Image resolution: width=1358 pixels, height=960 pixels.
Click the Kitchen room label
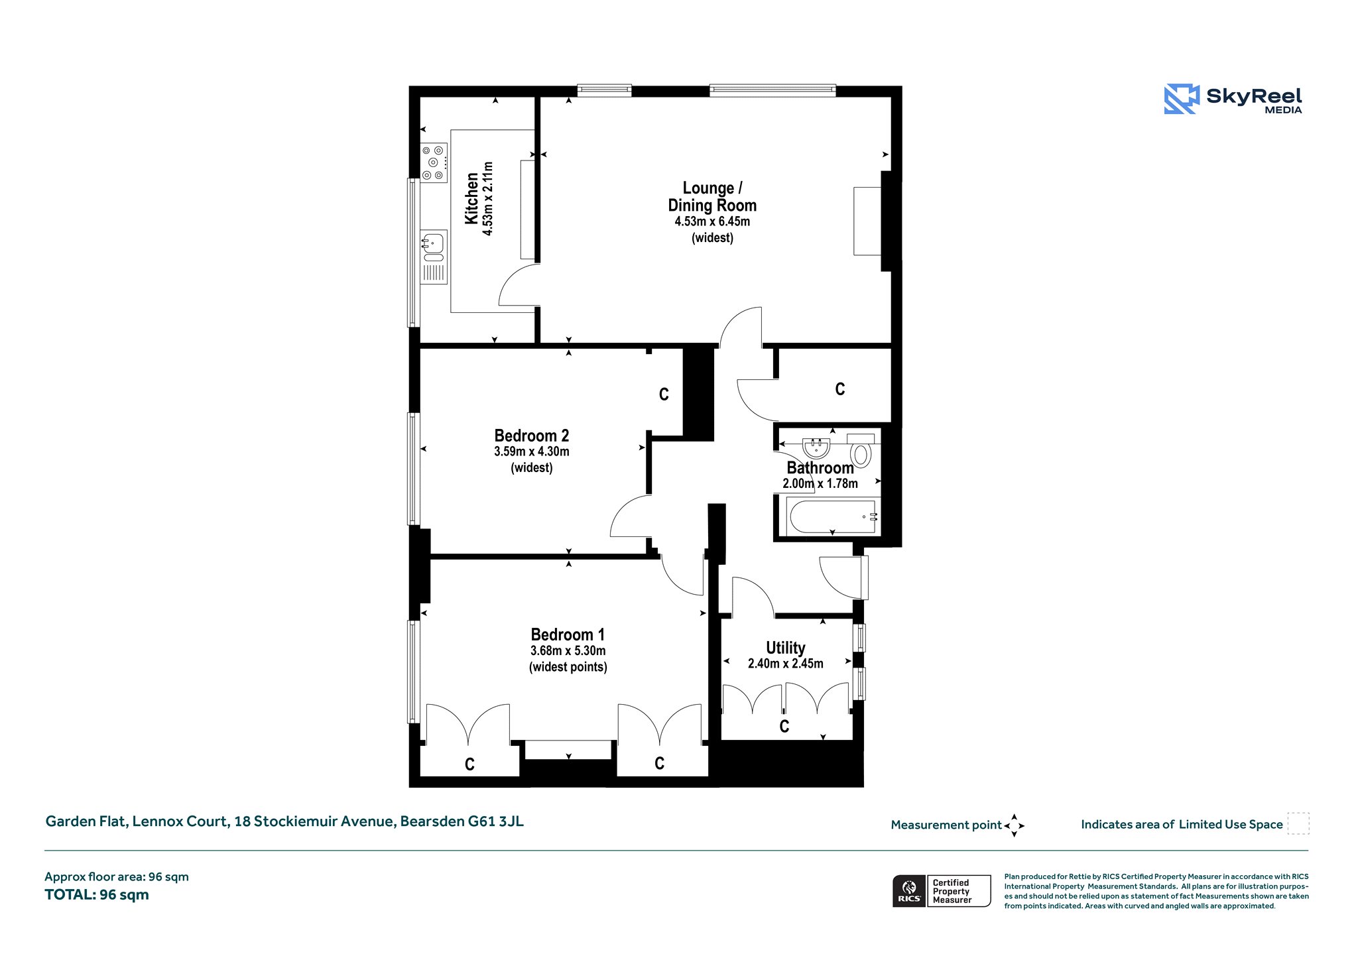click(471, 199)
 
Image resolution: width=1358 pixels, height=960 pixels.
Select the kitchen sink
click(434, 257)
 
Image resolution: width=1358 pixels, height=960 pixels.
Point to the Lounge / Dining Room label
click(712, 197)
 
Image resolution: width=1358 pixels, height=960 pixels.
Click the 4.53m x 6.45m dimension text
click(712, 221)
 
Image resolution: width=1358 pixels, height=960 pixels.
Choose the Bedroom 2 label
click(532, 436)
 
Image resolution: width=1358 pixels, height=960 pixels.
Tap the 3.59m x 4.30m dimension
click(532, 451)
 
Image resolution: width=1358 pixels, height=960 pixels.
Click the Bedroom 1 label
click(568, 634)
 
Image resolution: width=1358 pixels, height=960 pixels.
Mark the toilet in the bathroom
click(861, 450)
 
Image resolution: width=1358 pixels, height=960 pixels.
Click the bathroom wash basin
click(816, 448)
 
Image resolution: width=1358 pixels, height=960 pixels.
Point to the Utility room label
click(786, 648)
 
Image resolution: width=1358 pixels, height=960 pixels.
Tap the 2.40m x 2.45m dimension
click(786, 664)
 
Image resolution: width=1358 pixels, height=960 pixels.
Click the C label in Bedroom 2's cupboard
click(664, 394)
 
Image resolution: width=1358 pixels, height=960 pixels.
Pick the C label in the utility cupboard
click(784, 727)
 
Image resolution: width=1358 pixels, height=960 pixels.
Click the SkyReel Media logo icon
click(1182, 99)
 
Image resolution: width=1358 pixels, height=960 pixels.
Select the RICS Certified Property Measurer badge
click(942, 891)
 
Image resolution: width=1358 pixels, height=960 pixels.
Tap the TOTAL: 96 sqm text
click(97, 895)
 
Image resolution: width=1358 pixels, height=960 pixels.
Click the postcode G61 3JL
click(496, 821)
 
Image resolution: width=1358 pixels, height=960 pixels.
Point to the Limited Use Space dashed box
click(1298, 823)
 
